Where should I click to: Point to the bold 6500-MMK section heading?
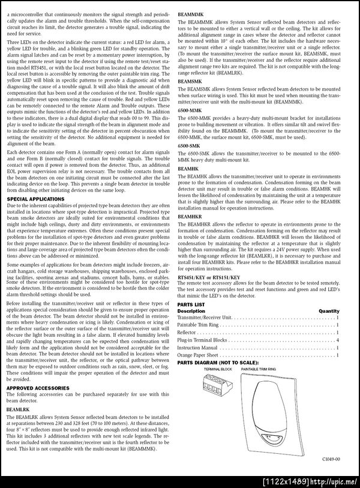coord(190,111)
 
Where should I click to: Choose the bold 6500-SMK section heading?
coord(190,146)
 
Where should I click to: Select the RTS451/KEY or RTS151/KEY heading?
coord(210,278)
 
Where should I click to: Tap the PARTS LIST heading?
coord(191,304)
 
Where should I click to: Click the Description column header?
coord(191,311)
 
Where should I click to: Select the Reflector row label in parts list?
coord(187,332)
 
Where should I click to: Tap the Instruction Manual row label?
coord(197,348)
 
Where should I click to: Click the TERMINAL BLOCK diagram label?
coord(217,369)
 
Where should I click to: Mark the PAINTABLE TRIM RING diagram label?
coord(259,369)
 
